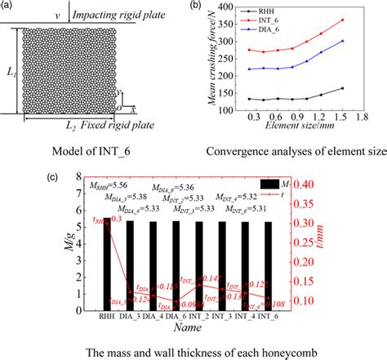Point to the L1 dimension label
coord(11,73)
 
